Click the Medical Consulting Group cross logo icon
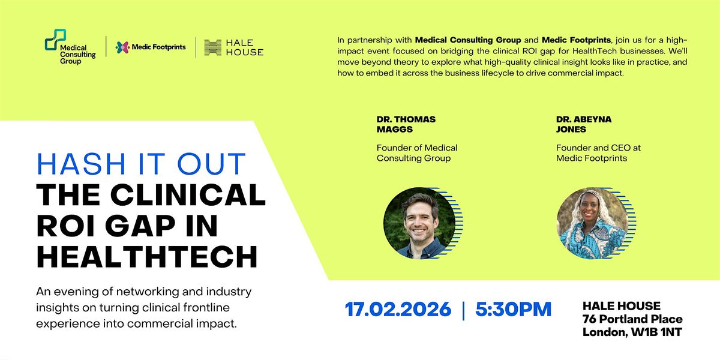pyautogui.click(x=56, y=40)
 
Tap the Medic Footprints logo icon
pyautogui.click(x=123, y=47)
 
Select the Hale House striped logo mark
pyautogui.click(x=213, y=47)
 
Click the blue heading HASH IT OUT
pyautogui.click(x=142, y=164)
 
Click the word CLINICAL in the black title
pyautogui.click(x=188, y=195)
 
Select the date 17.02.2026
pyautogui.click(x=398, y=309)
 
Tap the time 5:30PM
pyautogui.click(x=514, y=309)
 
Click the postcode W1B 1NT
pyautogui.click(x=656, y=332)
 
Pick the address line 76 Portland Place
pyautogui.click(x=632, y=319)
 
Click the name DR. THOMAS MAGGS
pyautogui.click(x=406, y=124)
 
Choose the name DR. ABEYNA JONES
pyautogui.click(x=584, y=124)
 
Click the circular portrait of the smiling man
pyautogui.click(x=419, y=223)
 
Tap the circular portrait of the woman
pyautogui.click(x=592, y=223)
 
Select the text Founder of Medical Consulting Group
pyautogui.click(x=417, y=153)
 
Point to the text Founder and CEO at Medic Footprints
pyautogui.click(x=598, y=153)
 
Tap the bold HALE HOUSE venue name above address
pyautogui.click(x=622, y=305)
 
